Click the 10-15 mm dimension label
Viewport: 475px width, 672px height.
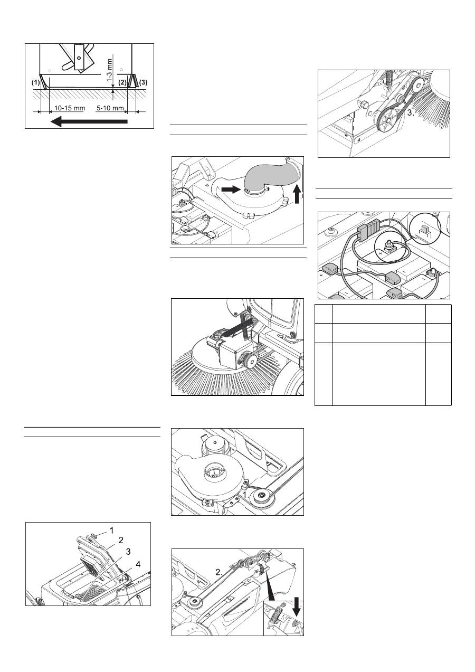(69, 108)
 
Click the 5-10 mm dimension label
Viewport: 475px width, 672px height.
(110, 108)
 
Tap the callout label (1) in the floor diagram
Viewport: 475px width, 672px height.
(36, 82)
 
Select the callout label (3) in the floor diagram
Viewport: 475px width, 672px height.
(144, 82)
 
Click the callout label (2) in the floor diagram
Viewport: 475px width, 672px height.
(122, 82)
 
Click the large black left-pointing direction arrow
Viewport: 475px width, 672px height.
(89, 121)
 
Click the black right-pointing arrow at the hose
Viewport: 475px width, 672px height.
(231, 190)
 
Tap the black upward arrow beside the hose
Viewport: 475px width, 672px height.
(297, 194)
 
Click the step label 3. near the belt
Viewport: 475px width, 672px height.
(411, 113)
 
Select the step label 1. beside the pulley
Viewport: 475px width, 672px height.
(246, 495)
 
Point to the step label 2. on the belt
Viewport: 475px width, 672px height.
(219, 572)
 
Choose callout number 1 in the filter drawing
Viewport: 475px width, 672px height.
(112, 531)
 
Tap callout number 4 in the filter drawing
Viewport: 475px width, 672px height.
(138, 564)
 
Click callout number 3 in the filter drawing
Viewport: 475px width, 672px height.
(128, 552)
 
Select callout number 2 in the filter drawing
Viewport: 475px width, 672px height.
(121, 541)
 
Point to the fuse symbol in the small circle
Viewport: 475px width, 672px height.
(425, 230)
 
